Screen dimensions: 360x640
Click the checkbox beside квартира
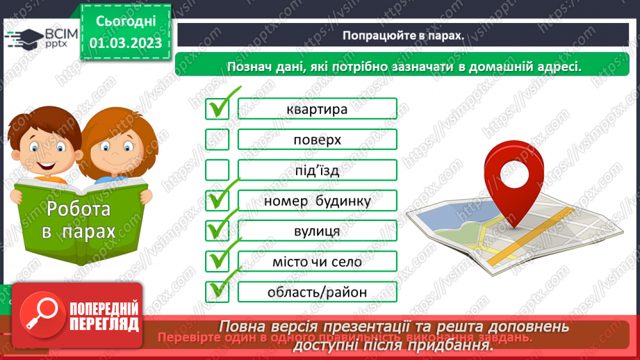[x=218, y=108]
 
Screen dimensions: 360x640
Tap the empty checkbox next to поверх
[x=218, y=140]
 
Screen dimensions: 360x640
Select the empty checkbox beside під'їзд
[x=218, y=170]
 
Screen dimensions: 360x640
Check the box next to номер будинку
[x=218, y=201]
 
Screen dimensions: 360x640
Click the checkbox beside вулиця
[x=218, y=231]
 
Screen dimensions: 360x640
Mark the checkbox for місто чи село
[x=218, y=261]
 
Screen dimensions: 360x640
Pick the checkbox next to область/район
[x=218, y=292]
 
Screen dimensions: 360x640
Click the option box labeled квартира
[x=317, y=108]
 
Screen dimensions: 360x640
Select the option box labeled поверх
[x=317, y=140]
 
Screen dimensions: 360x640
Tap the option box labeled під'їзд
[x=317, y=170]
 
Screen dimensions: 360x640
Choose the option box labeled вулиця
[x=317, y=231]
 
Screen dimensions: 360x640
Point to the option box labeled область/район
[x=317, y=292]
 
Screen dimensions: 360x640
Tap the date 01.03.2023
[x=125, y=42]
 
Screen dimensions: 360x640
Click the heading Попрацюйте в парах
[x=402, y=35]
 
